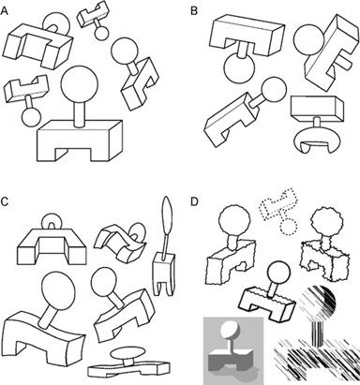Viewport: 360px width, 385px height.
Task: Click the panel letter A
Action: coord(5,11)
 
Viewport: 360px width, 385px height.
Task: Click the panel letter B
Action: coord(194,11)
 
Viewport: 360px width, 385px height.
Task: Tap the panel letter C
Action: coord(5,201)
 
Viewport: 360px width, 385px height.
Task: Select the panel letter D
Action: coord(194,201)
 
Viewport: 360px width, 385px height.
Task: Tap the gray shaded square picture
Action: coord(233,350)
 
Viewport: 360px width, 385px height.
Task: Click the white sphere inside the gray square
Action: coord(230,330)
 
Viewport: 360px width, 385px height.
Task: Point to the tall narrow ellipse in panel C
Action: coord(166,217)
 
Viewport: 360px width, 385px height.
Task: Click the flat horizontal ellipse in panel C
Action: coord(128,353)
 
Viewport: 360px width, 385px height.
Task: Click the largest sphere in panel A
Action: coord(80,83)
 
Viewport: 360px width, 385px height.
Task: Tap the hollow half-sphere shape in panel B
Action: coord(317,140)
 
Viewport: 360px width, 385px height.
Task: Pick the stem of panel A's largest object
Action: coord(80,113)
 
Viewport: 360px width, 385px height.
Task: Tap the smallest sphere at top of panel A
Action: coord(101,33)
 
